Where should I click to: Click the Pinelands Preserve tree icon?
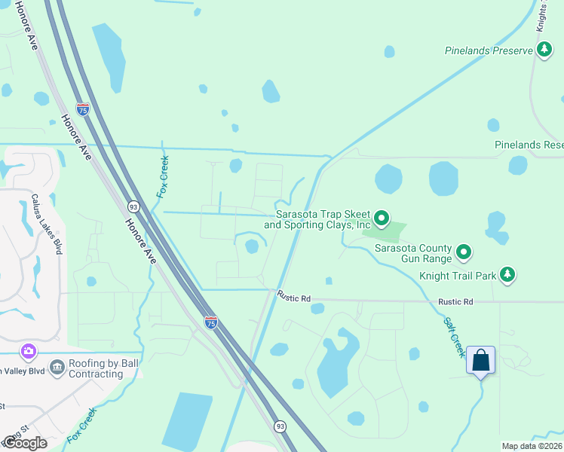point(544,50)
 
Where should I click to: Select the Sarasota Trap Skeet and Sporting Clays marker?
point(382,219)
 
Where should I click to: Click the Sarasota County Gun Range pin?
point(464,252)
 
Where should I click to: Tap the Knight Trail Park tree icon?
point(509,275)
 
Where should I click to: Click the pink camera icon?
point(28,351)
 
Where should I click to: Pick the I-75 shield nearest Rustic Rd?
point(211,322)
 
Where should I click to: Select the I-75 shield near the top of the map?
point(83,110)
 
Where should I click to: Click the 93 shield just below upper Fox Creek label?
point(133,206)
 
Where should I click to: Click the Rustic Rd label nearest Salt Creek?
point(458,301)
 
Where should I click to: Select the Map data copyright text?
point(532,446)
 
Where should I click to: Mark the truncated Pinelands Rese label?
point(529,145)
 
